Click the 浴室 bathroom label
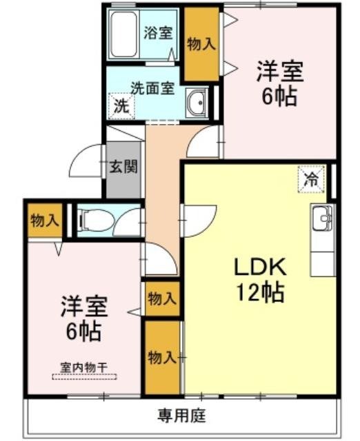coord(158,33)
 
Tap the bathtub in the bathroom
coord(125,34)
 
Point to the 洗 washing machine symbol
coord(121,107)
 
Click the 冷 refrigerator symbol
coord(311,181)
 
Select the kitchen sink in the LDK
coord(322,220)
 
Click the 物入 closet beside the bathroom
coord(201,43)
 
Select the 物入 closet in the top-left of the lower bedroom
coord(43,220)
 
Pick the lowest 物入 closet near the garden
coord(161,358)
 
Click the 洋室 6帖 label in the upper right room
coord(279,83)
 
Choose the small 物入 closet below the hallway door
coord(161,298)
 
